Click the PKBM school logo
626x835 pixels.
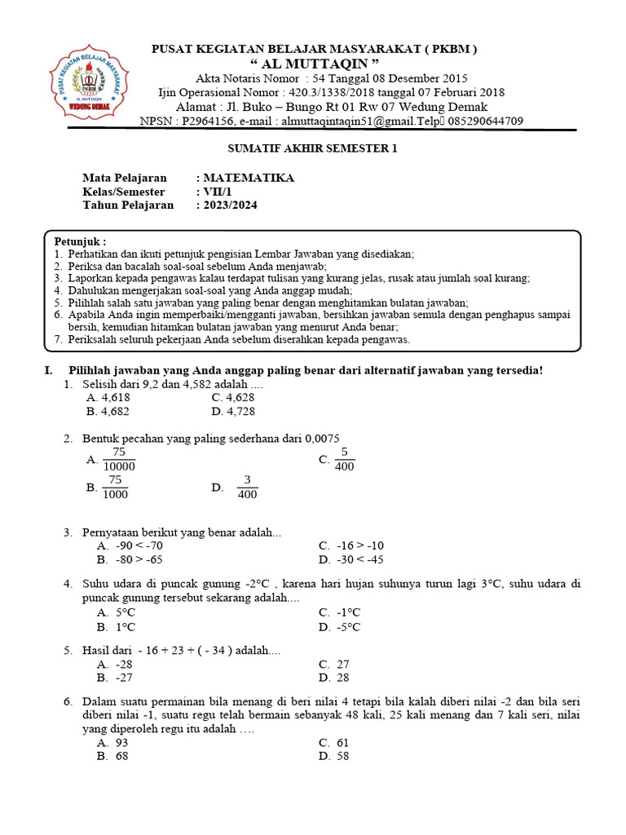(85, 84)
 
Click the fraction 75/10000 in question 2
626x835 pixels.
(119, 460)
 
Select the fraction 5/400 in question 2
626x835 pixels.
(344, 460)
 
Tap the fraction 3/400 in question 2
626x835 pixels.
(247, 488)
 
